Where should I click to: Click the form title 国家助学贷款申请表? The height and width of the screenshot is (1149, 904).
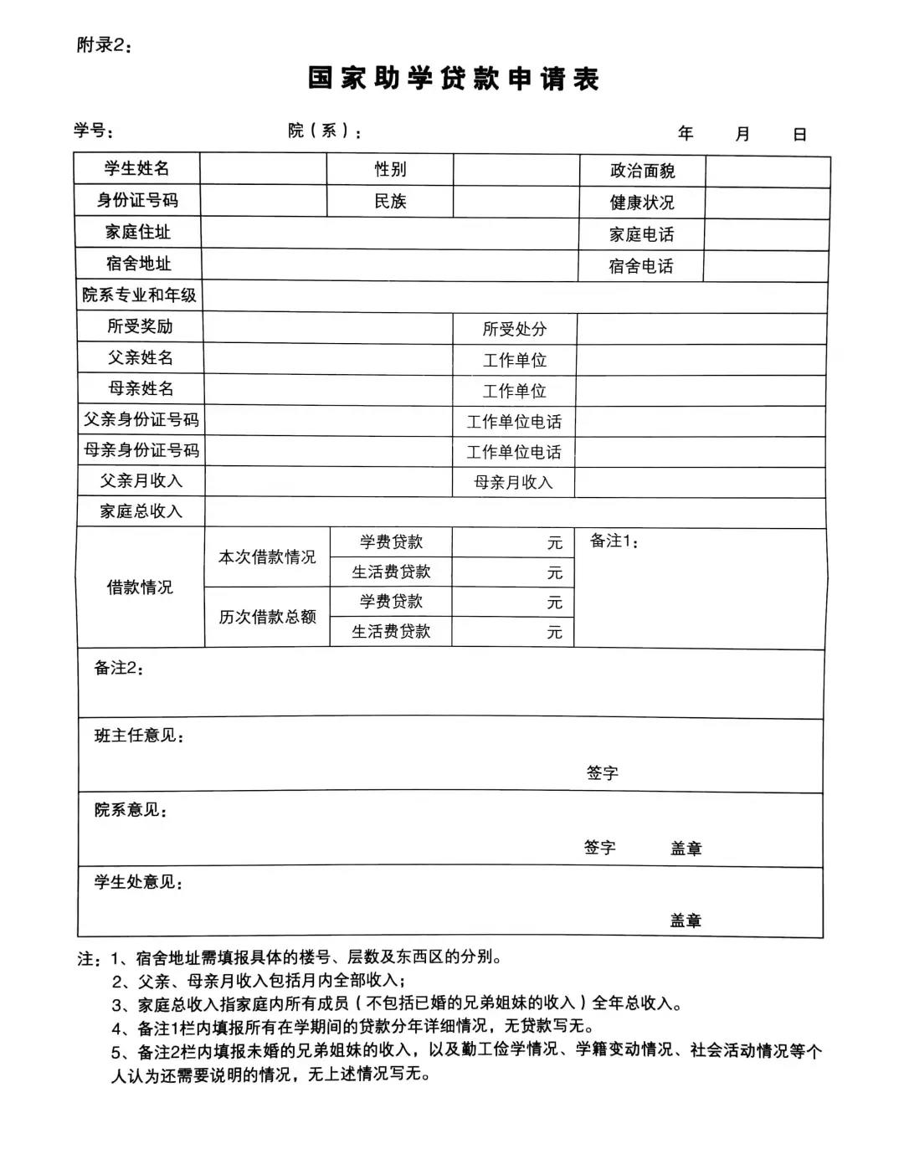click(x=453, y=79)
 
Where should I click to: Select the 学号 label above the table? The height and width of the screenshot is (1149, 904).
click(x=93, y=131)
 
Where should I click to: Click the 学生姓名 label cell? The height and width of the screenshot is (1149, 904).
click(x=136, y=168)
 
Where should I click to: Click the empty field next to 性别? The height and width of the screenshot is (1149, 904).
click(x=516, y=170)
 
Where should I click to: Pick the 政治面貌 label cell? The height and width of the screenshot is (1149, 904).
click(x=642, y=171)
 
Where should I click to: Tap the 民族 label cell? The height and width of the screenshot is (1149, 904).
click(x=390, y=202)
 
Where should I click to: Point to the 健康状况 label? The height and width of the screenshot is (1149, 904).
click(x=642, y=203)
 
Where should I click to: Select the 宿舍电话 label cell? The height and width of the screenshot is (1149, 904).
click(x=641, y=266)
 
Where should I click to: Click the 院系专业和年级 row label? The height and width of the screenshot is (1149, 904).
click(x=139, y=295)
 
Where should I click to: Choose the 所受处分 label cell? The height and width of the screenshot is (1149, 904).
click(x=514, y=329)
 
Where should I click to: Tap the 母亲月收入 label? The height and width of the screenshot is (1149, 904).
click(x=513, y=482)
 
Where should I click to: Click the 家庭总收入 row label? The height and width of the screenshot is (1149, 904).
click(x=141, y=511)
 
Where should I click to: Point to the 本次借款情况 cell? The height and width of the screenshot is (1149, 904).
click(x=267, y=557)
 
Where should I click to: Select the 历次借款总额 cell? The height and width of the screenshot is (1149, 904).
click(x=267, y=617)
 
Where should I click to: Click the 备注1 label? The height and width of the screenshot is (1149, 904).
click(x=614, y=541)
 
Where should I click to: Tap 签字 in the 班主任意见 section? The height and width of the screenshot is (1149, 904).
click(x=602, y=773)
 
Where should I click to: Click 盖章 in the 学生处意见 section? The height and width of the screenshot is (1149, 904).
click(x=686, y=921)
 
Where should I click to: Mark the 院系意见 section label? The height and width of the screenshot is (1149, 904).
click(x=130, y=810)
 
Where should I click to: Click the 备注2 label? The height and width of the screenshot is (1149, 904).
click(x=118, y=668)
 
